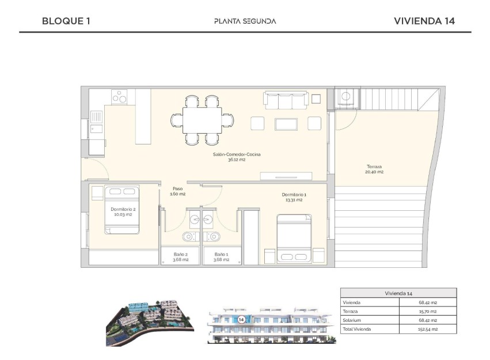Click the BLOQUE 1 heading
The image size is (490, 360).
coord(66,21)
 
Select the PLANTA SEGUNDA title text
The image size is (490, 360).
coord(245,21)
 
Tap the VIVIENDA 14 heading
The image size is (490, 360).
coord(424,21)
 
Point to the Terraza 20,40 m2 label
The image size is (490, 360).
coord(375,169)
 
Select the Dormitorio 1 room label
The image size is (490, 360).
coord(294,197)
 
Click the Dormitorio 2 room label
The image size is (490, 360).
coord(122,211)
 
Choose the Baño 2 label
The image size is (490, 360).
coord(181,256)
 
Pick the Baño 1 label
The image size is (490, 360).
coord(221,256)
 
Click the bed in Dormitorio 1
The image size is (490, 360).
coord(294,238)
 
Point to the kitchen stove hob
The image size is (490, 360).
coord(120,96)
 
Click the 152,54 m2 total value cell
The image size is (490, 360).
coord(427,329)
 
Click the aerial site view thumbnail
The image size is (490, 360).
coord(151,322)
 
